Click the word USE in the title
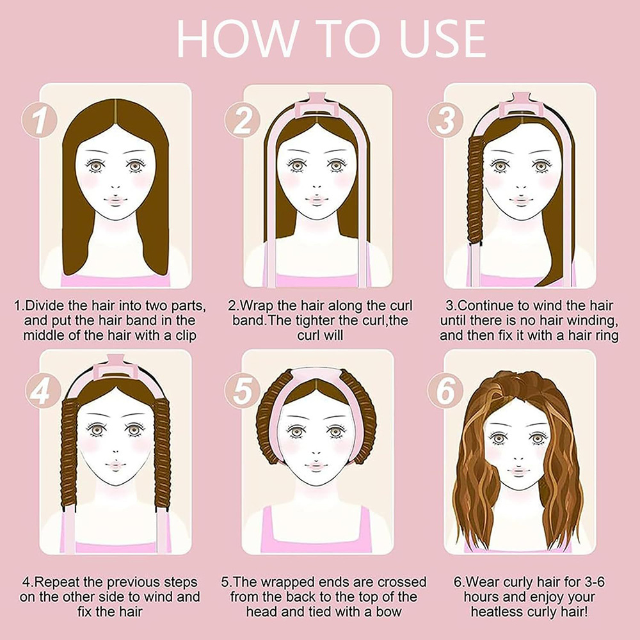pos(444,38)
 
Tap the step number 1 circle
pos(39,120)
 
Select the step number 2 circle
pos(242,120)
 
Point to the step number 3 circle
pos(445,120)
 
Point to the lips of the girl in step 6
pos(518,470)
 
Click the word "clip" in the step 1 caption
pos(186,336)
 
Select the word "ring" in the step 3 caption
pos(607,336)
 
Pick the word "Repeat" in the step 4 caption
pos(58,582)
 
